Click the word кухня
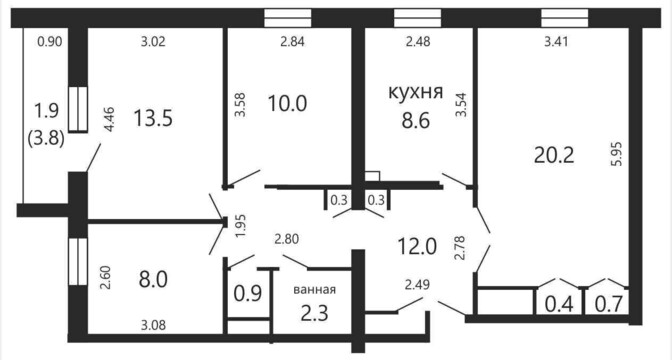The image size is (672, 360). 415,92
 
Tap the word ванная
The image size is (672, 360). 315,290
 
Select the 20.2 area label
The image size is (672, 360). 554,156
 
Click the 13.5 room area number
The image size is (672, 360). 153,118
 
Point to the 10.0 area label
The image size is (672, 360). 287,103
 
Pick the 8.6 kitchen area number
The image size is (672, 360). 416,121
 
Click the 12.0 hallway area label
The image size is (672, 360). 417,246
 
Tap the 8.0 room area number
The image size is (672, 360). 153,280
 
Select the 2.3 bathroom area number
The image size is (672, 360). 315,313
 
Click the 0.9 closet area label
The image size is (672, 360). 248,294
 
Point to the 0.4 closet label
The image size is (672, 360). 559,305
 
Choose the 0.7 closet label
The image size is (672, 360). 609,305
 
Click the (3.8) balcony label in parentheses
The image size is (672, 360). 46,138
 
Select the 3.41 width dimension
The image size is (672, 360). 555,42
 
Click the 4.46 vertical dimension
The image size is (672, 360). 109,120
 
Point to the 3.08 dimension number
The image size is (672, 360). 153,325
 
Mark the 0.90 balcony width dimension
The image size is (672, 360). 50,42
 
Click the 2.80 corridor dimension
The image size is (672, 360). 287,239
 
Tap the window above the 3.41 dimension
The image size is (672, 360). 564,18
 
